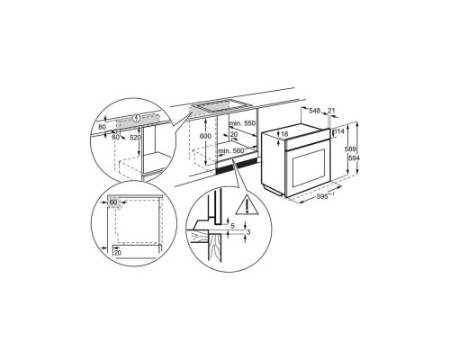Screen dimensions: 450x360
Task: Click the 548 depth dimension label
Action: (x=314, y=111)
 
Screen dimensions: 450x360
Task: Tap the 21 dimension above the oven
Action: (x=331, y=111)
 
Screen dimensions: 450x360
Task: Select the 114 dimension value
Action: (x=339, y=130)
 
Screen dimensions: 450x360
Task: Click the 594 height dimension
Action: (x=353, y=158)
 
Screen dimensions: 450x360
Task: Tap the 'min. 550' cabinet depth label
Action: (x=242, y=123)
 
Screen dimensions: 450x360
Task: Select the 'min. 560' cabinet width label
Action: (x=231, y=151)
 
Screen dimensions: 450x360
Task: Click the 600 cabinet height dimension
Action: (x=205, y=136)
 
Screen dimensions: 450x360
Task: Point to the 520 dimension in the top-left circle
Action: (x=136, y=137)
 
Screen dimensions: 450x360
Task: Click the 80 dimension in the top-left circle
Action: (x=102, y=127)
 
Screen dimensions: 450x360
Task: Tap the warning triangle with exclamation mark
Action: (x=247, y=205)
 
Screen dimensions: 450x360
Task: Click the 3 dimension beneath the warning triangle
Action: (x=248, y=232)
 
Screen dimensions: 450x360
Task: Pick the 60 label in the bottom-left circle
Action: (x=112, y=202)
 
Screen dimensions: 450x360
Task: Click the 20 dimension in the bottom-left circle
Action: (x=117, y=253)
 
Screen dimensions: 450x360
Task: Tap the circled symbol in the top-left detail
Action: (x=137, y=118)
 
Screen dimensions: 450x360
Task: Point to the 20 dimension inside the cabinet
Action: (x=234, y=134)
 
